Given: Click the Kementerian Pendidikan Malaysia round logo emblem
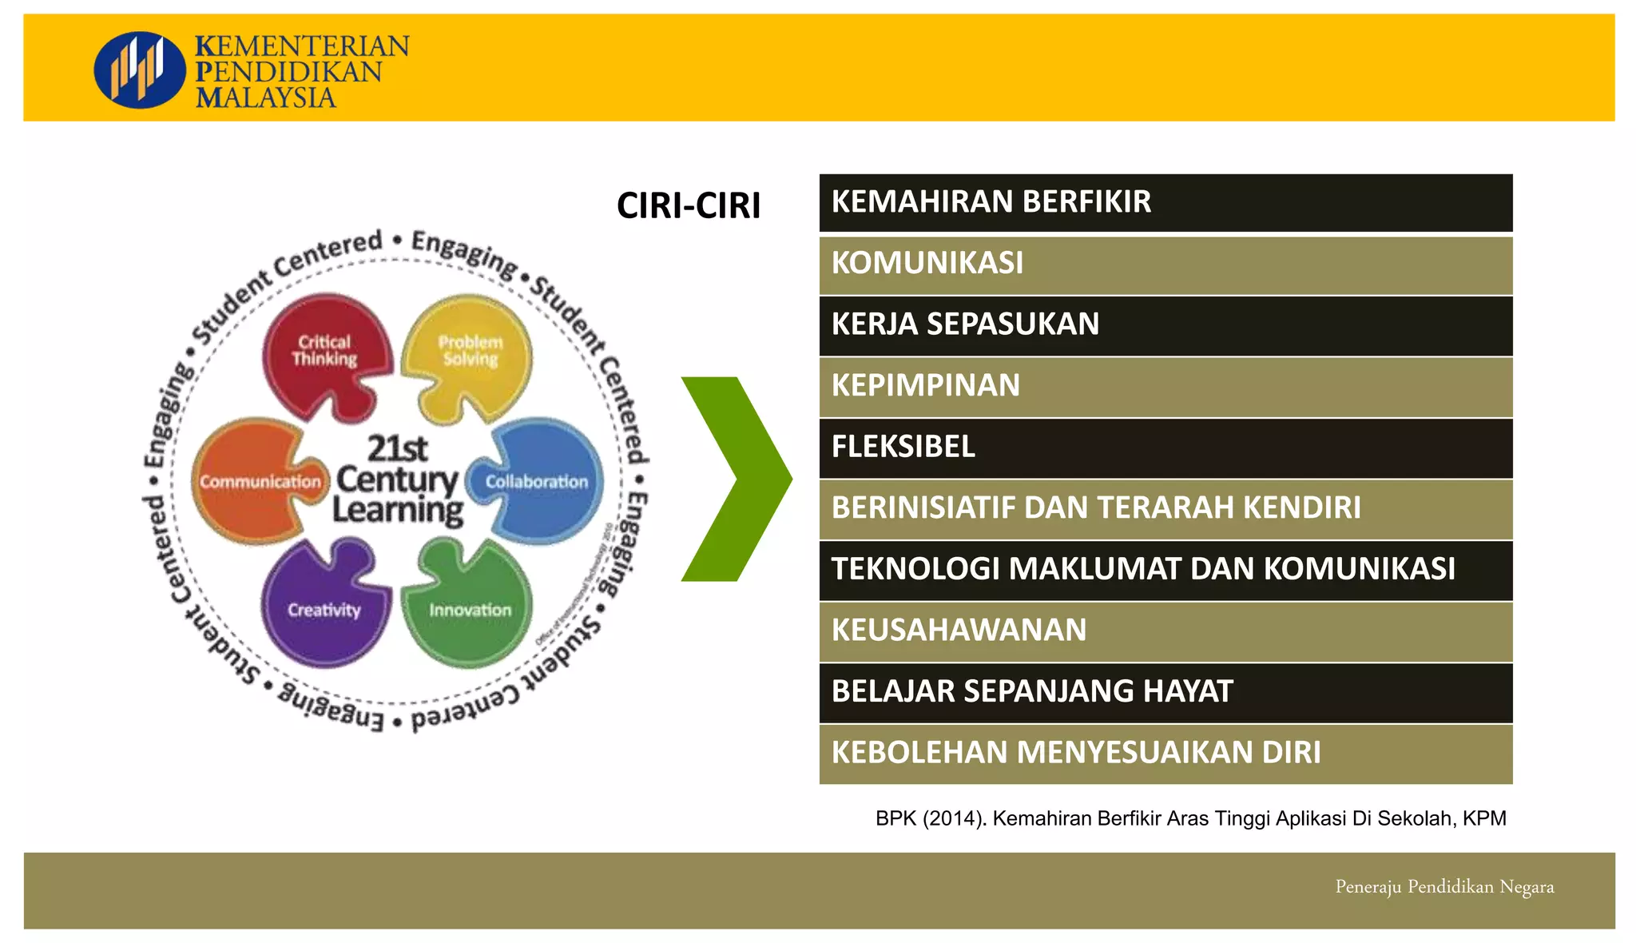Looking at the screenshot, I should click(140, 70).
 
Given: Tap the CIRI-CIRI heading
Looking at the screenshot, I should click(688, 205).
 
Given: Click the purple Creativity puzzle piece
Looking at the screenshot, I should click(324, 611).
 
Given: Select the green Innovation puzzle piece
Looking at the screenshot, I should click(469, 611).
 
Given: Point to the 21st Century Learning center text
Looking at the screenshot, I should click(397, 480).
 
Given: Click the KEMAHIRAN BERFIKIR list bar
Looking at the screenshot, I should click(1165, 202).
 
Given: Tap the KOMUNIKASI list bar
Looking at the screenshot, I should click(1165, 264).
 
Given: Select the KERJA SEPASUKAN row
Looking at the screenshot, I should click(1165, 325).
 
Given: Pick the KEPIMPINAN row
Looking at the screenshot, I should click(1165, 386).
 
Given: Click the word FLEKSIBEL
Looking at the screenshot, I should click(903, 447).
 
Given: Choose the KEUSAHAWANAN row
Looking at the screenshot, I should click(1165, 631).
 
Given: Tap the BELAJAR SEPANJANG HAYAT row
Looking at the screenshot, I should click(1165, 692).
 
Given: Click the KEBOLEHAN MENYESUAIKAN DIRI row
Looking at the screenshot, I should click(1165, 753).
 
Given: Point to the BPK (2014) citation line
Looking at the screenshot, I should click(1190, 818).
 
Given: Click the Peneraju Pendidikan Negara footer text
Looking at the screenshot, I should click(1444, 887).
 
